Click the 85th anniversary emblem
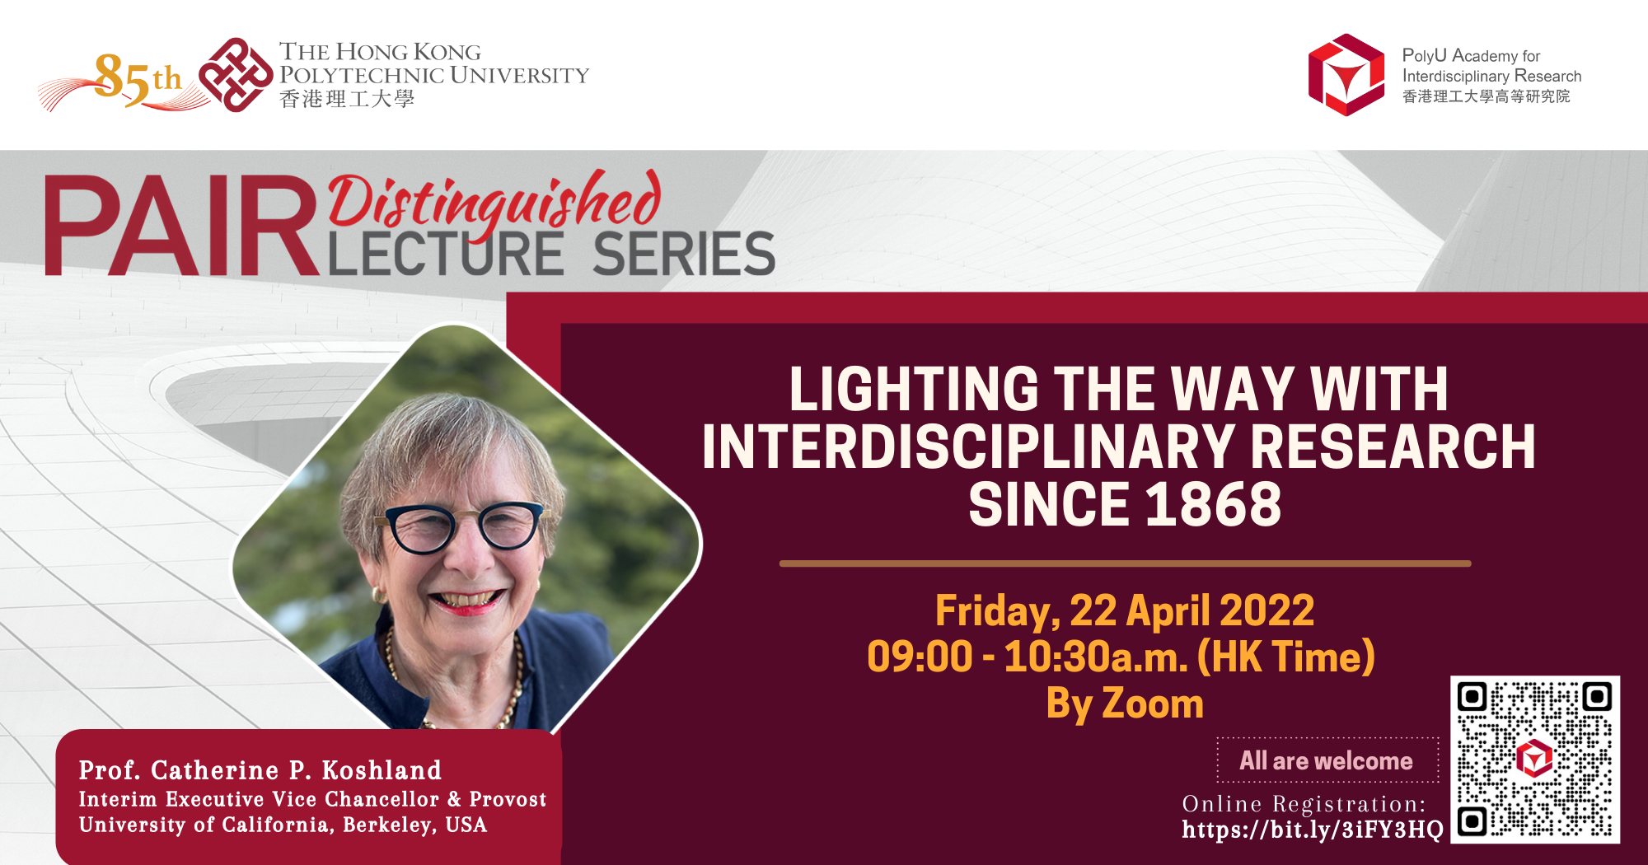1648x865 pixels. click(124, 81)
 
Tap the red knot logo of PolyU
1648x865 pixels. click(236, 75)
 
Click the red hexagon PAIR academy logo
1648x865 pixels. click(1346, 75)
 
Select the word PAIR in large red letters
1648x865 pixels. click(181, 227)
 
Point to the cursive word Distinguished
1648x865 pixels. click(494, 202)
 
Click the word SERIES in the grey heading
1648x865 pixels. click(684, 255)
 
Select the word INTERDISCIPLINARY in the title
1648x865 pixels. click(969, 447)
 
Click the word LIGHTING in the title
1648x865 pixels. click(914, 389)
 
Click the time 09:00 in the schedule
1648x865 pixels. click(920, 657)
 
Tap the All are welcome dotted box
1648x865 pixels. click(1327, 760)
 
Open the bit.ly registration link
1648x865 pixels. click(1312, 830)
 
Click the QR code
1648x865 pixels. click(1534, 760)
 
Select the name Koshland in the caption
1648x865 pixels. click(382, 770)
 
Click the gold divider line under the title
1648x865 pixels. click(1125, 563)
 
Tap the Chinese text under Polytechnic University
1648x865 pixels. click(346, 100)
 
